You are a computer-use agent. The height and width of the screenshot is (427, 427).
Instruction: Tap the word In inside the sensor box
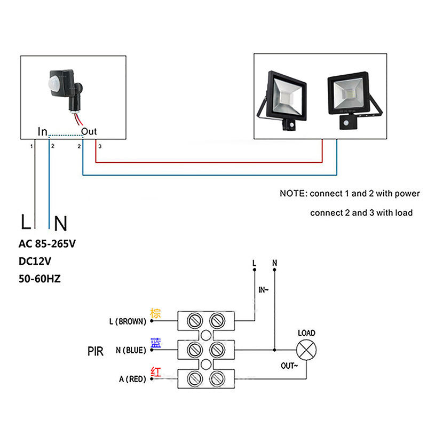[x=43, y=131]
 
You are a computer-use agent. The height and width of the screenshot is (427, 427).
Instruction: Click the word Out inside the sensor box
[x=89, y=131]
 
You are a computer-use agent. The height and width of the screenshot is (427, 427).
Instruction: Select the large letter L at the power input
[x=25, y=221]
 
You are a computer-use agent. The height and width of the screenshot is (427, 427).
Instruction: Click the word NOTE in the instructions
[x=293, y=193]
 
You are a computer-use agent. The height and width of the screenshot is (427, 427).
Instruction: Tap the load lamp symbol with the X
[x=306, y=351]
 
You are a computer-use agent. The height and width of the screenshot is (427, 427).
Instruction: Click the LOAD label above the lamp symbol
[x=306, y=333]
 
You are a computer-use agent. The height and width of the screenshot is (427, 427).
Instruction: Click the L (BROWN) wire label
[x=127, y=322]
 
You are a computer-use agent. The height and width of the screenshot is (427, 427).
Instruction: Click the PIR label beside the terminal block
[x=95, y=351]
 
